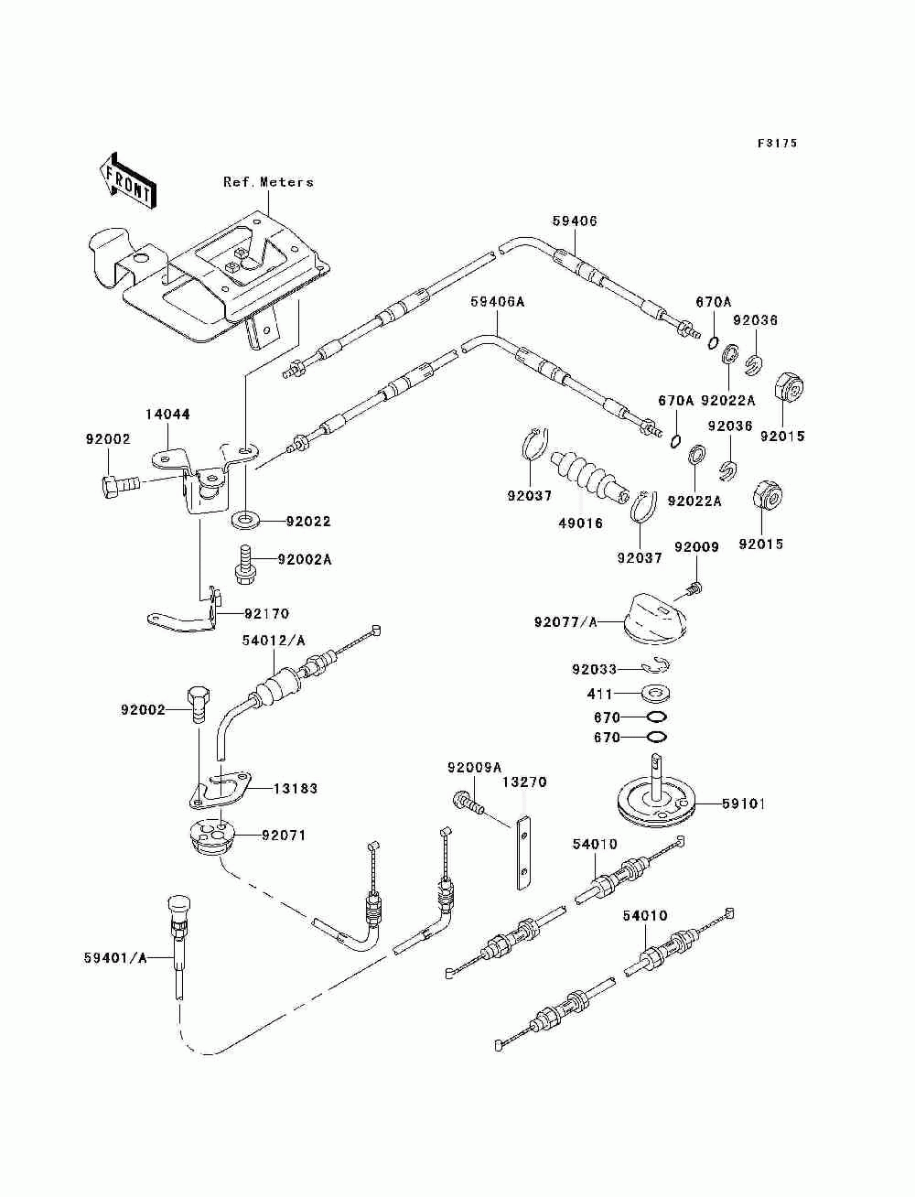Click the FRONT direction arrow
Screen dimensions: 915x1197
(127, 179)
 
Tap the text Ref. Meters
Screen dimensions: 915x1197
(268, 182)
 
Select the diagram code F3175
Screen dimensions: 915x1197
(777, 144)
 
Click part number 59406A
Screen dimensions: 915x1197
(498, 302)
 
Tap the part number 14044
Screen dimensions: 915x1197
(167, 415)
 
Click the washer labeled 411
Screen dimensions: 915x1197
(656, 695)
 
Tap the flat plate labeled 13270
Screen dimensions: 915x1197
(522, 860)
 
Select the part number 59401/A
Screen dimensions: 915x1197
(115, 958)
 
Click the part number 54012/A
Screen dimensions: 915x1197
(274, 641)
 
